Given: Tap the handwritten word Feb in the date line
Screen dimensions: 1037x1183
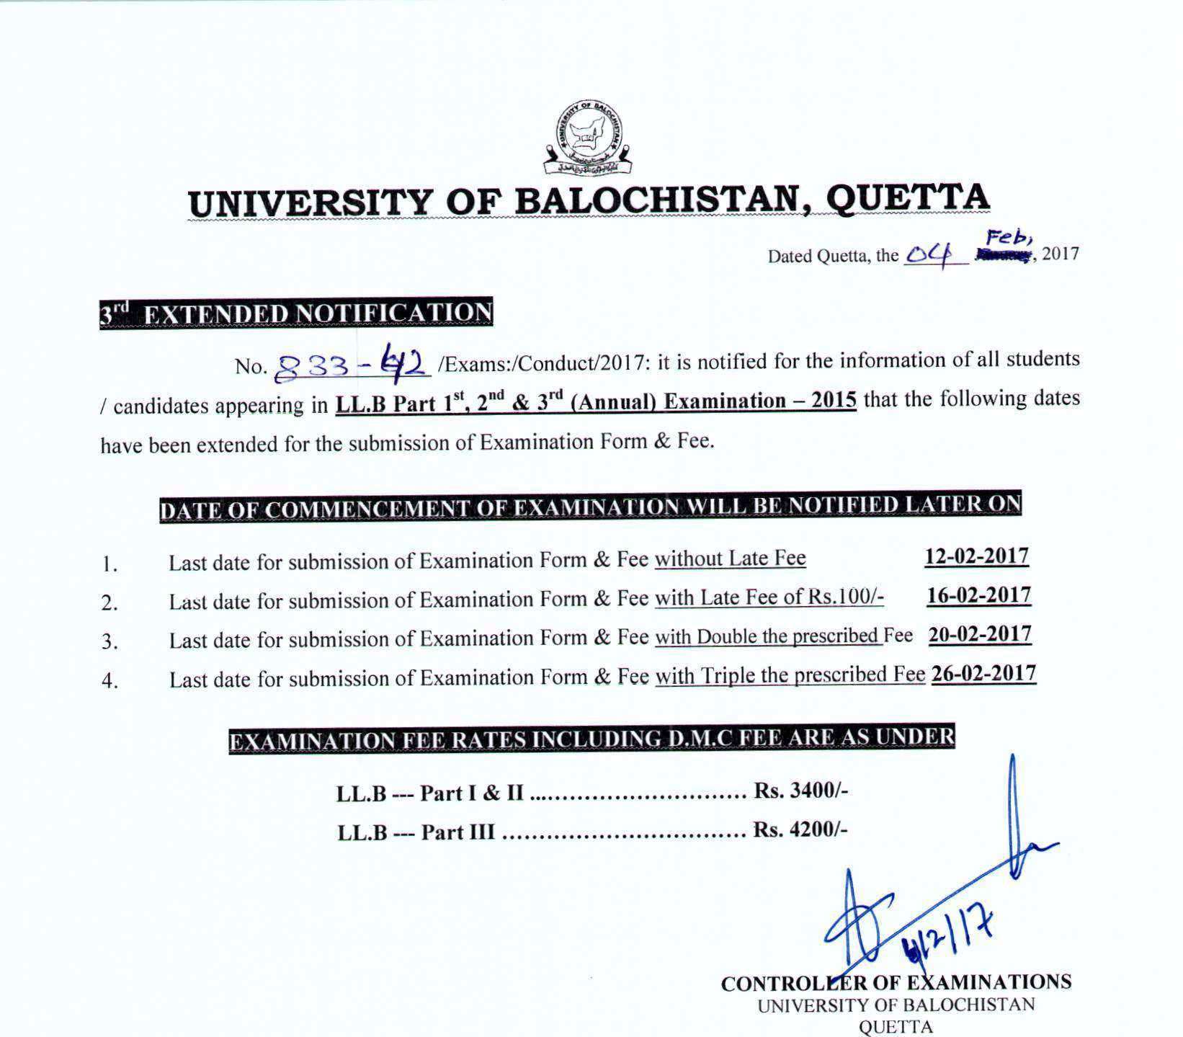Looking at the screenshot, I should click(1011, 237).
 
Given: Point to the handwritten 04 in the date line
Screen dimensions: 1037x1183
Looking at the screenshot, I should click(929, 253).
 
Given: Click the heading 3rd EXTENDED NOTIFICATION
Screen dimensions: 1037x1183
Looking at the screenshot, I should click(296, 313).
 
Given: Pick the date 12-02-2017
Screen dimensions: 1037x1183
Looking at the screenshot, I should click(976, 556).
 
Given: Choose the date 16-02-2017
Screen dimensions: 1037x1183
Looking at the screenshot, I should click(978, 596).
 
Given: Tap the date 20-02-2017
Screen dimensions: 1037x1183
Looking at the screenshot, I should click(980, 635).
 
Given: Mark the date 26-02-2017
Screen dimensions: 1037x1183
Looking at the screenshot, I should click(983, 674).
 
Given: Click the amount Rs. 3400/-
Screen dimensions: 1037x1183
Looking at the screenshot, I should click(800, 791).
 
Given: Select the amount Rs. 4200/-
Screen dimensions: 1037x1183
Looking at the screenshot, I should click(800, 830).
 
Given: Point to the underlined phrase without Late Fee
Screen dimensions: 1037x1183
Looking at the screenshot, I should click(730, 559).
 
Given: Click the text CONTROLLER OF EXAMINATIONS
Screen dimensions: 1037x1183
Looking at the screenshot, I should click(896, 982).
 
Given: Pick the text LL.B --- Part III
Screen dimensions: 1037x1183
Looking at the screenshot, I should click(416, 832).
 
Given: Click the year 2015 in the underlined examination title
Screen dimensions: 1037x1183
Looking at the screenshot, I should click(834, 401).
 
